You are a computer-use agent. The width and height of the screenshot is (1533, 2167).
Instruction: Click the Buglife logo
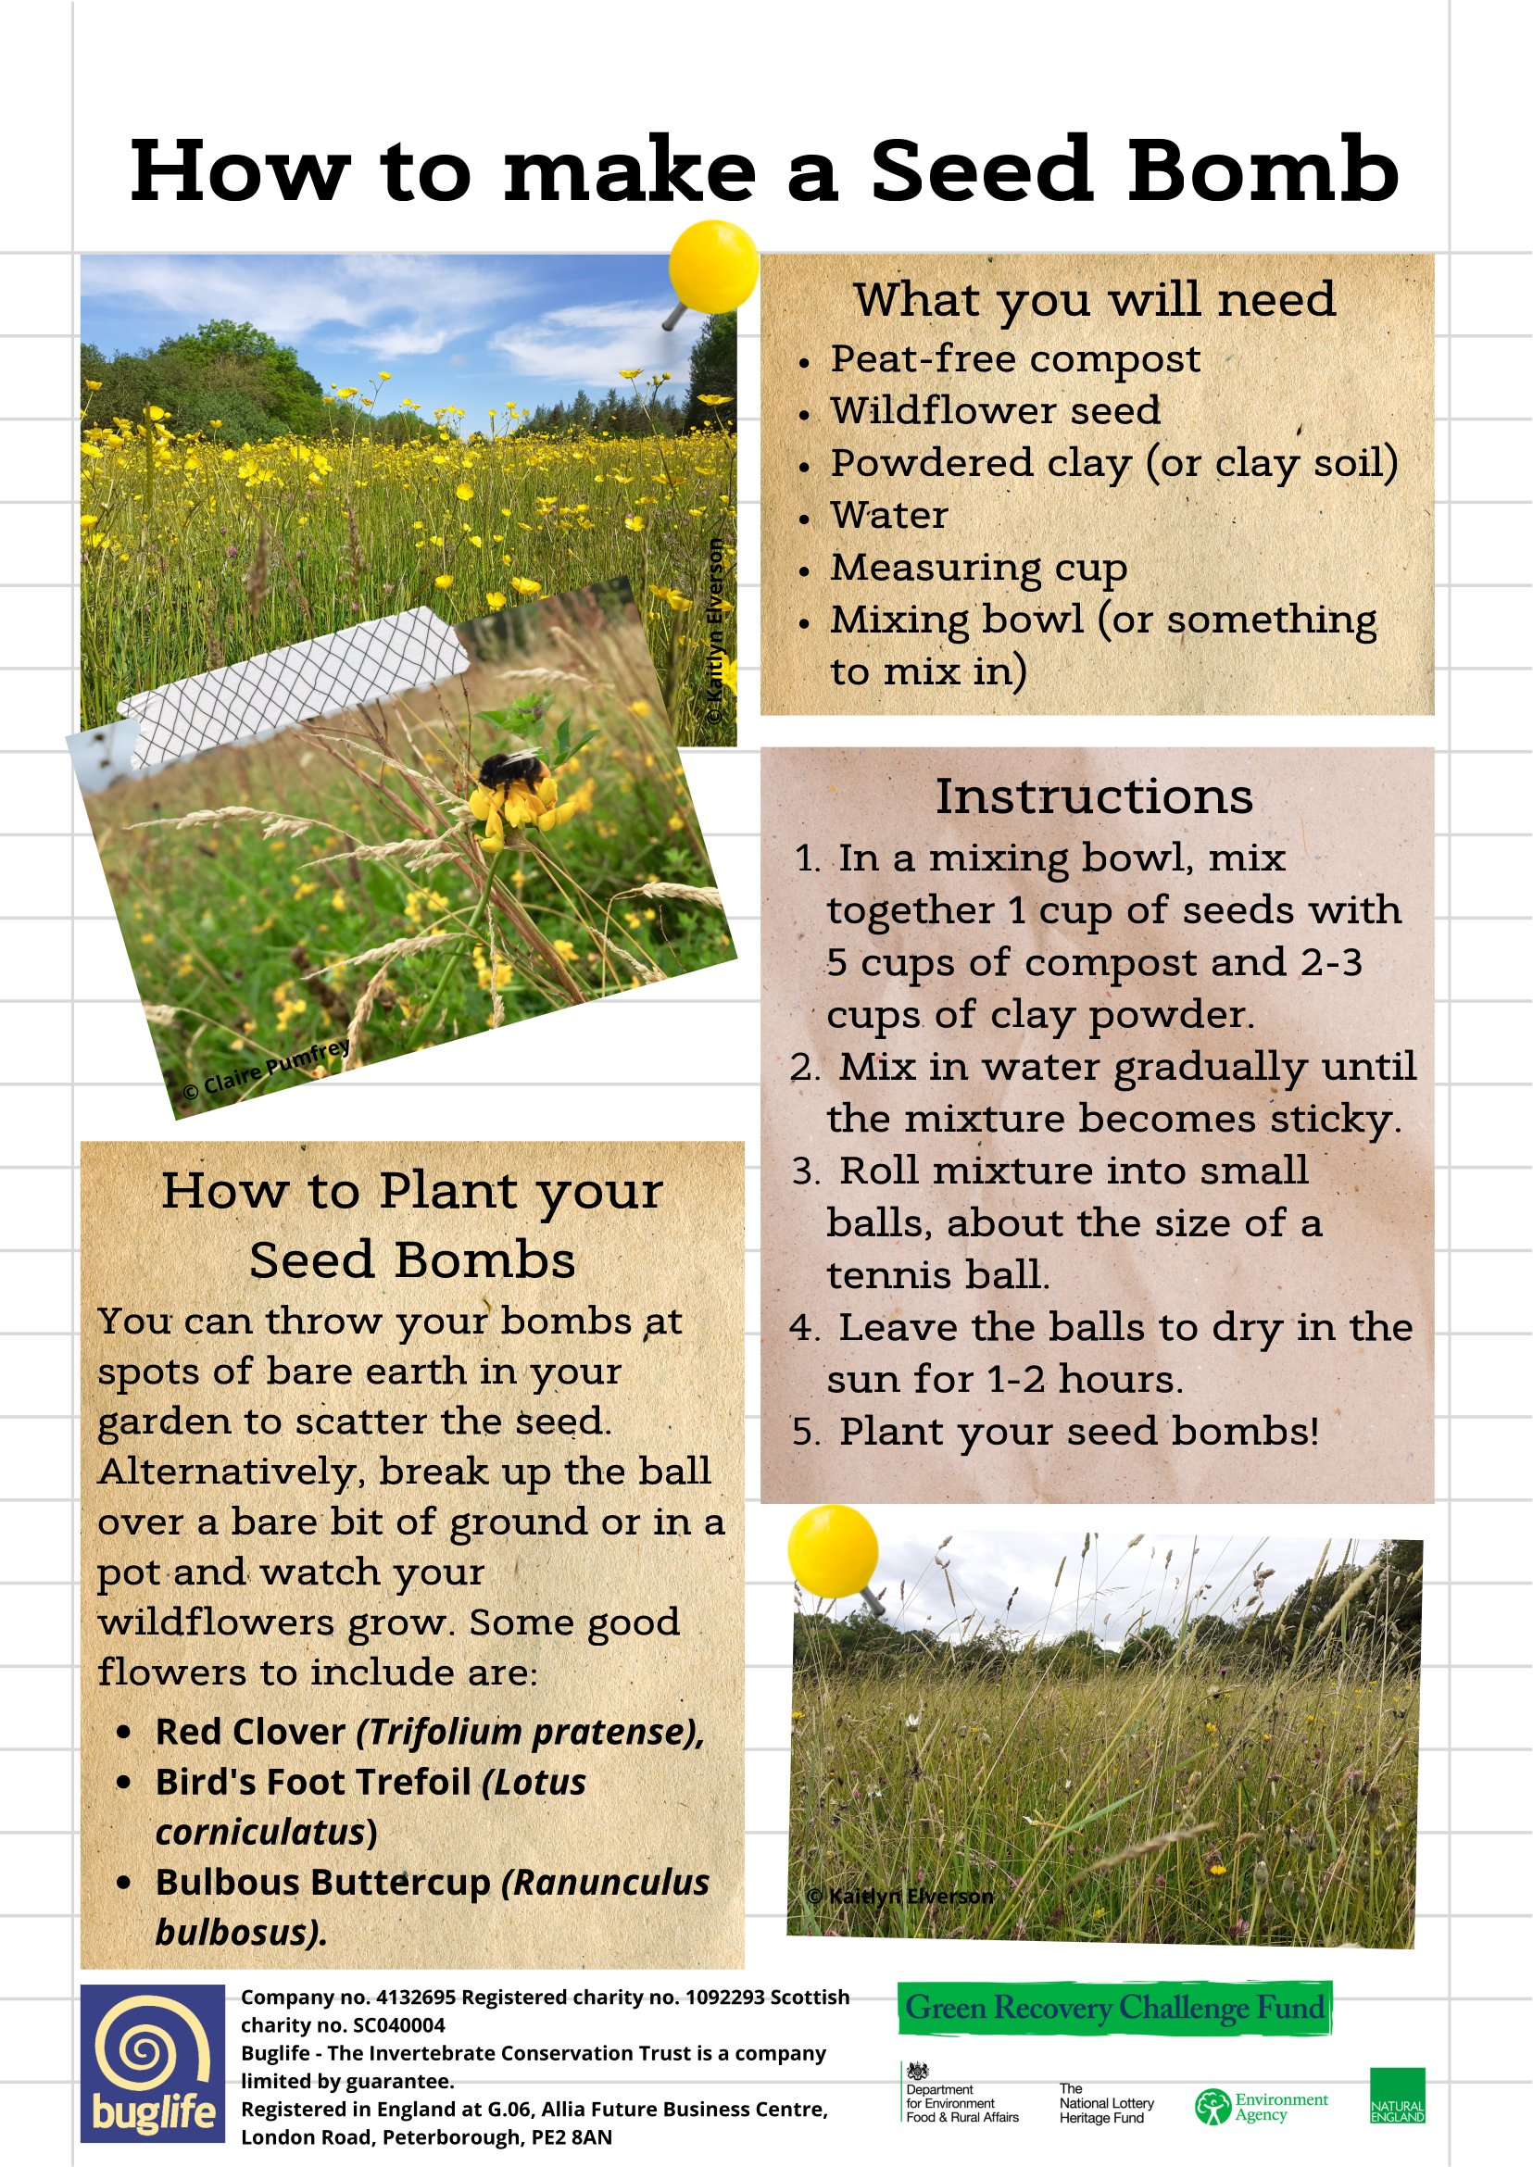[152, 2063]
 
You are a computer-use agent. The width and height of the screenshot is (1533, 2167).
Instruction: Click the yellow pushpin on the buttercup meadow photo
[712, 268]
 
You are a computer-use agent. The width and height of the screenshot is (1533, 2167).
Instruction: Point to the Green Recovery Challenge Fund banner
[1114, 2007]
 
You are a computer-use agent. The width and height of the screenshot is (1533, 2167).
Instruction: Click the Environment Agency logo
[1262, 2106]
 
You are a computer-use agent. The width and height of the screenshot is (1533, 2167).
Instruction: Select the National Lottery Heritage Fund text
[1105, 2103]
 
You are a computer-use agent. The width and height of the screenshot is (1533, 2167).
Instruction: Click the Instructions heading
[1094, 796]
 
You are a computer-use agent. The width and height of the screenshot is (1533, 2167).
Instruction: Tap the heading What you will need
[1094, 299]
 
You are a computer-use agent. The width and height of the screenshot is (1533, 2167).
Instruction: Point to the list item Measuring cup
[978, 568]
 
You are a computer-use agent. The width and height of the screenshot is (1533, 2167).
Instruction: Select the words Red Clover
[250, 1732]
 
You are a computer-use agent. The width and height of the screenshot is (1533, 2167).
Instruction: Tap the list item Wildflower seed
[995, 410]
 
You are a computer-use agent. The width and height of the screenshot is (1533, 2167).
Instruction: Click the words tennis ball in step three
[936, 1275]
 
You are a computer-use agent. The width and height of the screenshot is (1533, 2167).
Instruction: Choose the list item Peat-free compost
[1015, 358]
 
